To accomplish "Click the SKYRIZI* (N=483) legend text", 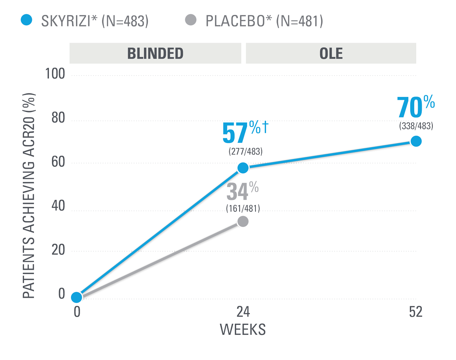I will click(95, 21).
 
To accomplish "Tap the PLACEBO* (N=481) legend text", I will click(264, 21).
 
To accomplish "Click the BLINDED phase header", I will click(155, 53).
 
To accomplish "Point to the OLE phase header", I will click(331, 53).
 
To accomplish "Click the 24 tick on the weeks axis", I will click(243, 312).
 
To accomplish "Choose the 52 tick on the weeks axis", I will click(415, 312).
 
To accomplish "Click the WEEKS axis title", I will click(242, 329).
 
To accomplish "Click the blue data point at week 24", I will click(243, 168).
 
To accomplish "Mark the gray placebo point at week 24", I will click(243, 221).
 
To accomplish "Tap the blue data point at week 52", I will click(416, 141).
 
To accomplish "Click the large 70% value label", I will click(415, 107).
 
